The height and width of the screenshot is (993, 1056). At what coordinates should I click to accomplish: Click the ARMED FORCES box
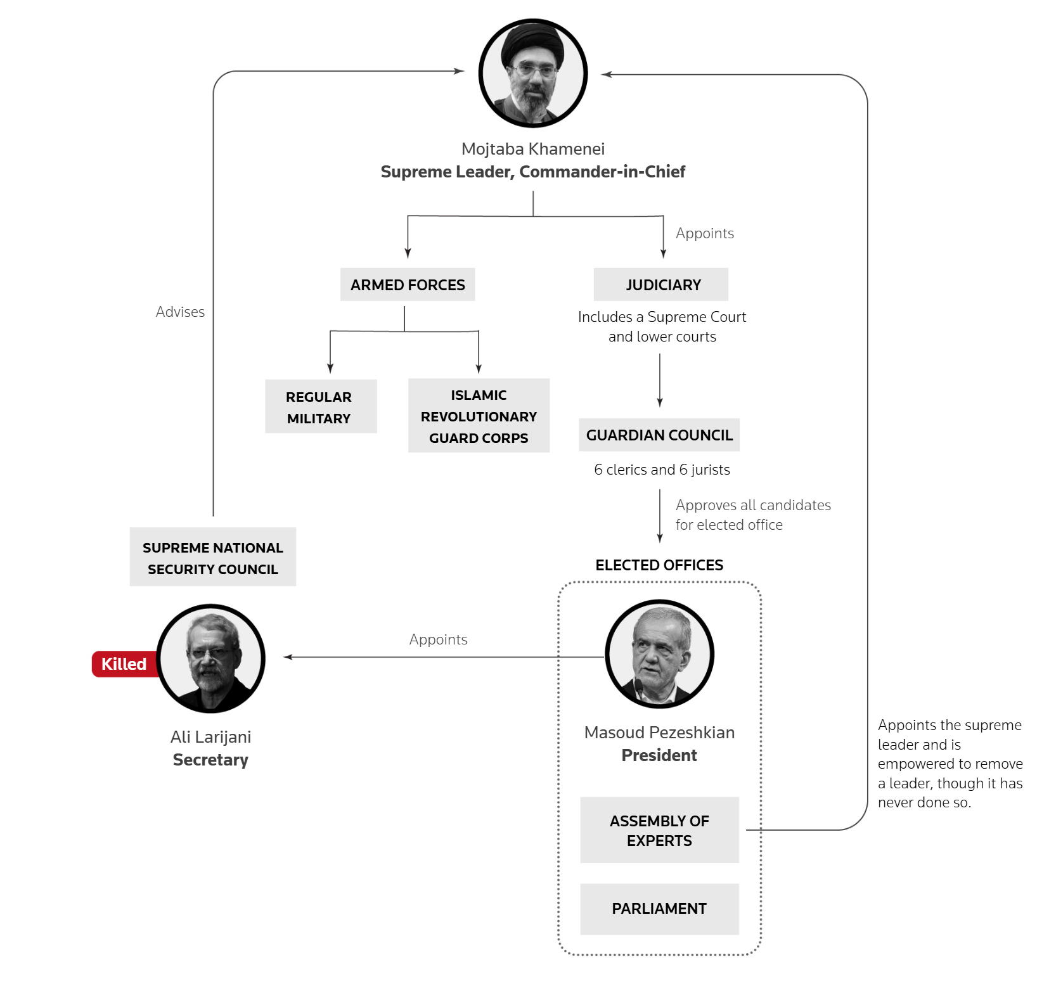point(408,285)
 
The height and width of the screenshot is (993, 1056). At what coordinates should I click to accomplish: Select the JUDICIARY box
point(661,285)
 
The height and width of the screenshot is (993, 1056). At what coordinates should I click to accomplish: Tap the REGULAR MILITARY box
point(321,407)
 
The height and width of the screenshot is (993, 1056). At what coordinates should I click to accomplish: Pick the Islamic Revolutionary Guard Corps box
point(479,416)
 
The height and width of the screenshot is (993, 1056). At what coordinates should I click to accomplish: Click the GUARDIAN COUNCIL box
point(659,435)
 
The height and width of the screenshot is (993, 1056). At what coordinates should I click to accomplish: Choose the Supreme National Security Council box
point(213,558)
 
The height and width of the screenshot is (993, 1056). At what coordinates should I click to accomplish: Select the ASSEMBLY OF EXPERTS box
point(659,830)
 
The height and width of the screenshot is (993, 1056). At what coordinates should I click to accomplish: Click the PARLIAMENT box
point(659,909)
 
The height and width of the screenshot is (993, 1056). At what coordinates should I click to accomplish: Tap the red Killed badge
point(124,664)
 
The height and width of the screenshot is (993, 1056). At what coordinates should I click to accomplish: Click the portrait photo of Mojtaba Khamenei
point(533,74)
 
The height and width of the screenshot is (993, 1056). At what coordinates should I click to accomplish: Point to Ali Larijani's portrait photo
point(211,659)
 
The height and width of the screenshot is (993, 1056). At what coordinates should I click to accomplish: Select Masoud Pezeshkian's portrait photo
point(660,654)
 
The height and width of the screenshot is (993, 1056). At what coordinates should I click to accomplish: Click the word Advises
point(180,312)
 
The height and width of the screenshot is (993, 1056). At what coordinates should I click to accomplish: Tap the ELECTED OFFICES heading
point(659,565)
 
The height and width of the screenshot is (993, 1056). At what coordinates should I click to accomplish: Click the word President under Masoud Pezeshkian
point(659,755)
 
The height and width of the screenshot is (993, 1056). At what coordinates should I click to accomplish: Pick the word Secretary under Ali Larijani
point(210,760)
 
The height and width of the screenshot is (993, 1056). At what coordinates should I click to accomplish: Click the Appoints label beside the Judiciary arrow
point(705,233)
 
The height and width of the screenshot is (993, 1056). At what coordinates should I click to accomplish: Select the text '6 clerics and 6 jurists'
point(662,470)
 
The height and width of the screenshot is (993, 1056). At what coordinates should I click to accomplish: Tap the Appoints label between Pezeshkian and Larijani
point(438,639)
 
